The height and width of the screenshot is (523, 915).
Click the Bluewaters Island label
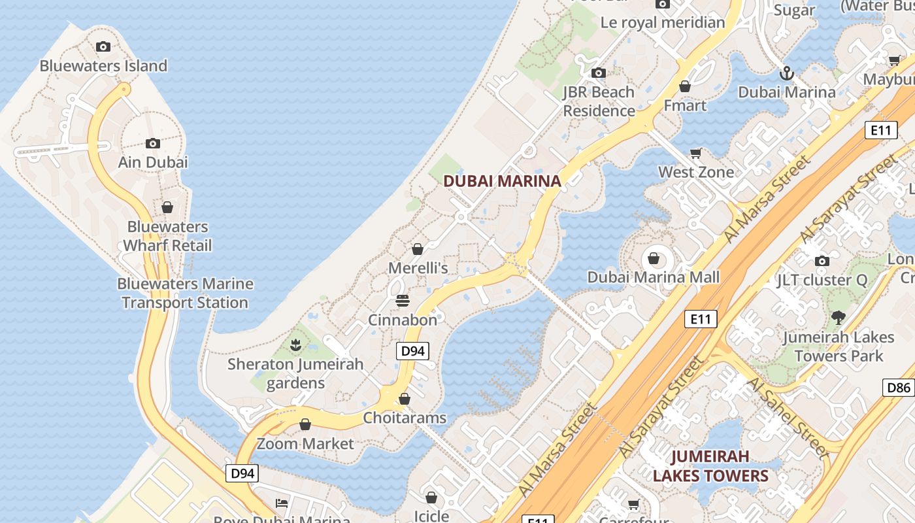103,66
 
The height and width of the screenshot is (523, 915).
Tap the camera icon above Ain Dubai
153,143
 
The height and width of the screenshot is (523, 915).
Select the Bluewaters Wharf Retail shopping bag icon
167,207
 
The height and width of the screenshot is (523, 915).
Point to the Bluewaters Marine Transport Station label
185,293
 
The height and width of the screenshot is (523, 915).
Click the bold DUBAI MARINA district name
502,181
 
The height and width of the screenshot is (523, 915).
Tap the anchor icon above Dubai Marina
787,73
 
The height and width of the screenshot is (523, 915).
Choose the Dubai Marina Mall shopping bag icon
654,258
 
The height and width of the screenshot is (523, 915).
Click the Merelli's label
418,268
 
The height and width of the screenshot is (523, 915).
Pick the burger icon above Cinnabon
403,301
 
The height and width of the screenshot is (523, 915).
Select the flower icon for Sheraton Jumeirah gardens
295,344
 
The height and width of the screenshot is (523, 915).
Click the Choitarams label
405,418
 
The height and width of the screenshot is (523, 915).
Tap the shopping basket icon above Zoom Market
305,425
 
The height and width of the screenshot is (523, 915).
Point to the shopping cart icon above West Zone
696,153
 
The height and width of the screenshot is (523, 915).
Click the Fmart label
685,105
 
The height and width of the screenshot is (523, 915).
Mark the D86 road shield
898,388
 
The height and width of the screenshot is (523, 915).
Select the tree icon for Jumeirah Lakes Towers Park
839,318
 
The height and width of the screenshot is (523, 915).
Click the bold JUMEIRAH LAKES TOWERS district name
710,465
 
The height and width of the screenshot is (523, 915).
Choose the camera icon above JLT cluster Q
822,261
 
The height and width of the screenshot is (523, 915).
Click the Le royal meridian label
663,22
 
